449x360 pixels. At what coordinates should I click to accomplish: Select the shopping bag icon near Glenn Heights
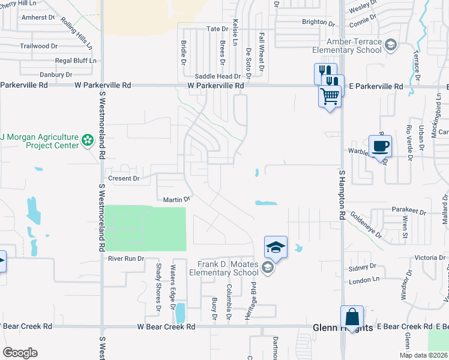pyautogui.click(x=352, y=317)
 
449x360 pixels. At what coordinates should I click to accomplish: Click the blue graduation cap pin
pyautogui.click(x=276, y=247)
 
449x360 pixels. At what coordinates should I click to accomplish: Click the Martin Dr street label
pyautogui.click(x=176, y=199)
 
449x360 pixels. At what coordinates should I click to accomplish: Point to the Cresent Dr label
pyautogui.click(x=123, y=178)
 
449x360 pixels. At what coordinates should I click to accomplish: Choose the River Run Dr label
pyautogui.click(x=126, y=259)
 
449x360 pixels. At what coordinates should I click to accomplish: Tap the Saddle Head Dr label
pyautogui.click(x=217, y=77)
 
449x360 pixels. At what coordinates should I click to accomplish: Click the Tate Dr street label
pyautogui.click(x=217, y=29)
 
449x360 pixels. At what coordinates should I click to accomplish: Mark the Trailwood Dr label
pyautogui.click(x=38, y=46)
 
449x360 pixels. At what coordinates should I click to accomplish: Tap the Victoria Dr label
pyautogui.click(x=429, y=257)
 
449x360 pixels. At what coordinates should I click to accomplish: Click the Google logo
pyautogui.click(x=20, y=352)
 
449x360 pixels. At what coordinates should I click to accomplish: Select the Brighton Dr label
pyautogui.click(x=318, y=22)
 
